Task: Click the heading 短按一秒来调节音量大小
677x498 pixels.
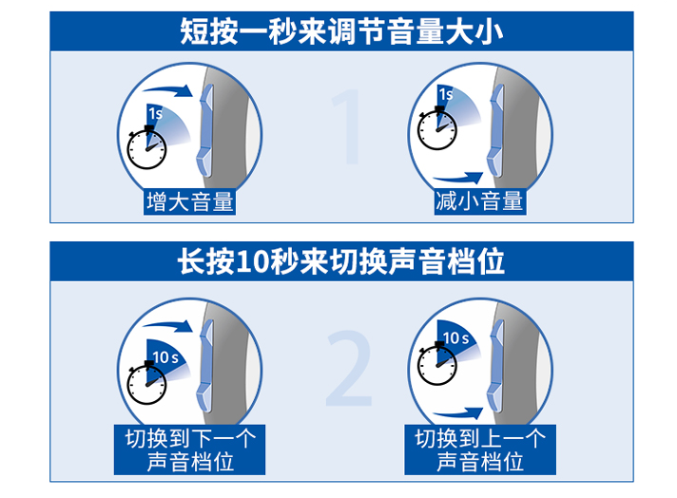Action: (x=341, y=31)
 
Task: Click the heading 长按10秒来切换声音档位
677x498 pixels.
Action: (x=341, y=261)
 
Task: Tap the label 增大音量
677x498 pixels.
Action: (x=189, y=201)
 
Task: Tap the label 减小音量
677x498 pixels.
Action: (x=479, y=201)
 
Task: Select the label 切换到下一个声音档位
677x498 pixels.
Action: (x=189, y=450)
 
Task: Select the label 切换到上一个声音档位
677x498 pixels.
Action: (x=480, y=450)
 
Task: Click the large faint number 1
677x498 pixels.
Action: (x=348, y=126)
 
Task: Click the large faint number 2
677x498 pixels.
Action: (x=349, y=368)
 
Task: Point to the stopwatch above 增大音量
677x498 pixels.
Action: (x=146, y=147)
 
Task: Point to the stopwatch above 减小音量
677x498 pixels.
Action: (x=437, y=128)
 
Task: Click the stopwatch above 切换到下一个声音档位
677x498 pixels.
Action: (x=146, y=383)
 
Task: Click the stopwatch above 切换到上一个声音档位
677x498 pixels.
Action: (x=437, y=363)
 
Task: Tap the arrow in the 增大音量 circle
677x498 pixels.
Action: (x=168, y=90)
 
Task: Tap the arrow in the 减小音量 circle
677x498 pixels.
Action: (x=458, y=178)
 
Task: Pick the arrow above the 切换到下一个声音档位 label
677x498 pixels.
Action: (x=168, y=326)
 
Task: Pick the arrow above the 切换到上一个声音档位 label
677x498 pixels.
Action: (x=458, y=413)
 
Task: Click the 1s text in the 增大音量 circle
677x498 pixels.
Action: (x=155, y=113)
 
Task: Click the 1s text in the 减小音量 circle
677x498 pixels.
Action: (x=446, y=94)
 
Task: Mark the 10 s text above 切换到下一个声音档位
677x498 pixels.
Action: (x=165, y=357)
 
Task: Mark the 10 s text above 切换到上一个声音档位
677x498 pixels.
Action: (x=455, y=338)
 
